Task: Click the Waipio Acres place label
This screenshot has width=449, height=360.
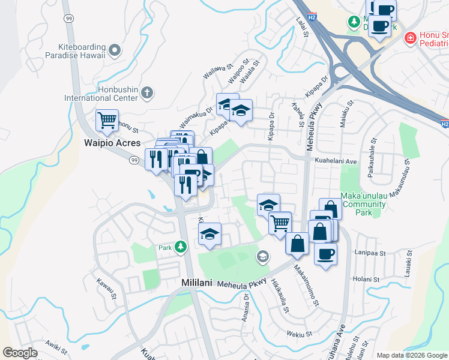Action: pyautogui.click(x=112, y=143)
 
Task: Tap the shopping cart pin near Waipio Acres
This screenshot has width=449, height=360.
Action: pyautogui.click(x=107, y=120)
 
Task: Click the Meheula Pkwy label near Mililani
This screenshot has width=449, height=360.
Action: pyautogui.click(x=243, y=283)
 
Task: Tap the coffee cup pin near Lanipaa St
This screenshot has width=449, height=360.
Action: pyautogui.click(x=325, y=254)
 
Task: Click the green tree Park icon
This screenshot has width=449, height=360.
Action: pyautogui.click(x=180, y=247)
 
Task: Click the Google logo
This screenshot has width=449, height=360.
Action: pyautogui.click(x=20, y=353)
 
